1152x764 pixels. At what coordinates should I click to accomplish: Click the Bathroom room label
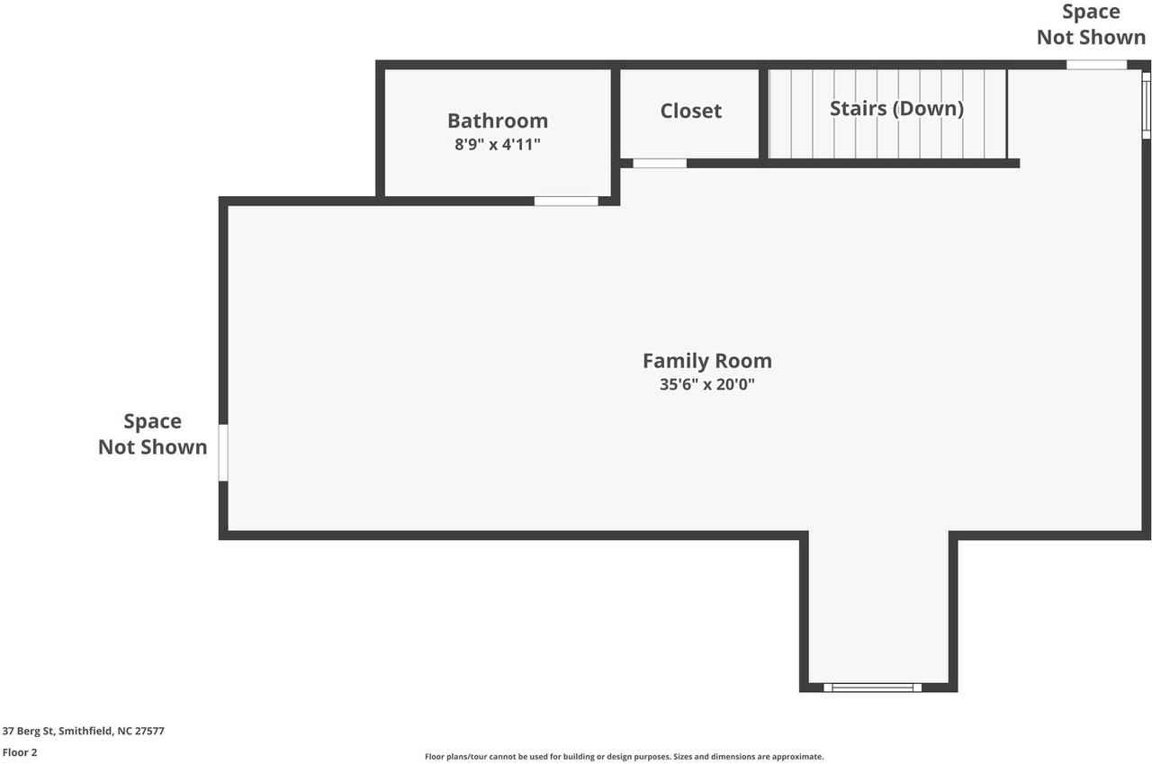pyautogui.click(x=497, y=121)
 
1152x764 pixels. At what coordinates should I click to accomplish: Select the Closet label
pyautogui.click(x=690, y=111)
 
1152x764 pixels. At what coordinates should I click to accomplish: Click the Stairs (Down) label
pyautogui.click(x=896, y=109)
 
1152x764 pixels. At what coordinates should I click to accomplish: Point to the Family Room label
pyautogui.click(x=706, y=361)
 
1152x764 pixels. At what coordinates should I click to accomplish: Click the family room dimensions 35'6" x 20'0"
pyautogui.click(x=706, y=384)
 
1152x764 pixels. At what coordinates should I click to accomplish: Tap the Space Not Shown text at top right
pyautogui.click(x=1091, y=24)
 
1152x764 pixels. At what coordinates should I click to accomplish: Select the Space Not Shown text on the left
pyautogui.click(x=152, y=434)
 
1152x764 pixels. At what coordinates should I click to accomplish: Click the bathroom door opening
pyautogui.click(x=566, y=201)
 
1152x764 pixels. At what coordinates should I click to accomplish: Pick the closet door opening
pyautogui.click(x=660, y=163)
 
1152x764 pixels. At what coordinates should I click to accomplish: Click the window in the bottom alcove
pyautogui.click(x=872, y=688)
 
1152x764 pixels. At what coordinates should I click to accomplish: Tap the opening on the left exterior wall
pyautogui.click(x=223, y=453)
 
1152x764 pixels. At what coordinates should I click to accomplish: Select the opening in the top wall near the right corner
pyautogui.click(x=1096, y=65)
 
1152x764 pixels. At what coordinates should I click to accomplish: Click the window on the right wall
pyautogui.click(x=1146, y=104)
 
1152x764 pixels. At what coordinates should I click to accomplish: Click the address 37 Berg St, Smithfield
pyautogui.click(x=84, y=731)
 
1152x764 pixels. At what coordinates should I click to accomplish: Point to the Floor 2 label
pyautogui.click(x=20, y=752)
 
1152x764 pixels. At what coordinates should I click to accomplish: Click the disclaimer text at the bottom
pyautogui.click(x=624, y=757)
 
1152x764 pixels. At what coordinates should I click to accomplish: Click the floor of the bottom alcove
pyautogui.click(x=877, y=612)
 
